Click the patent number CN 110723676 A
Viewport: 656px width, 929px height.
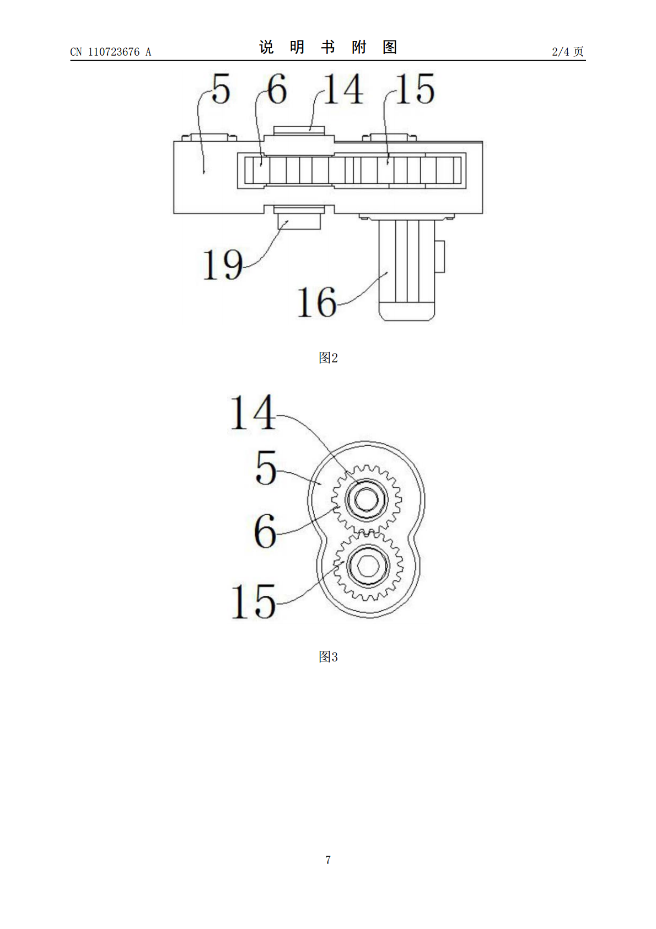coord(111,52)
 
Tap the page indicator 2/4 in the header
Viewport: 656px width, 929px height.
coord(561,51)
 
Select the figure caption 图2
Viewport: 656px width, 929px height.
coord(328,357)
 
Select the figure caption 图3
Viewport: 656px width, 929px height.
coord(328,656)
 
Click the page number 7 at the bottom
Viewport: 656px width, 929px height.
coord(328,859)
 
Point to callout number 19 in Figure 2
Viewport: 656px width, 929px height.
coord(223,265)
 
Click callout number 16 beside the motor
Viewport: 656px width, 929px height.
coord(316,302)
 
